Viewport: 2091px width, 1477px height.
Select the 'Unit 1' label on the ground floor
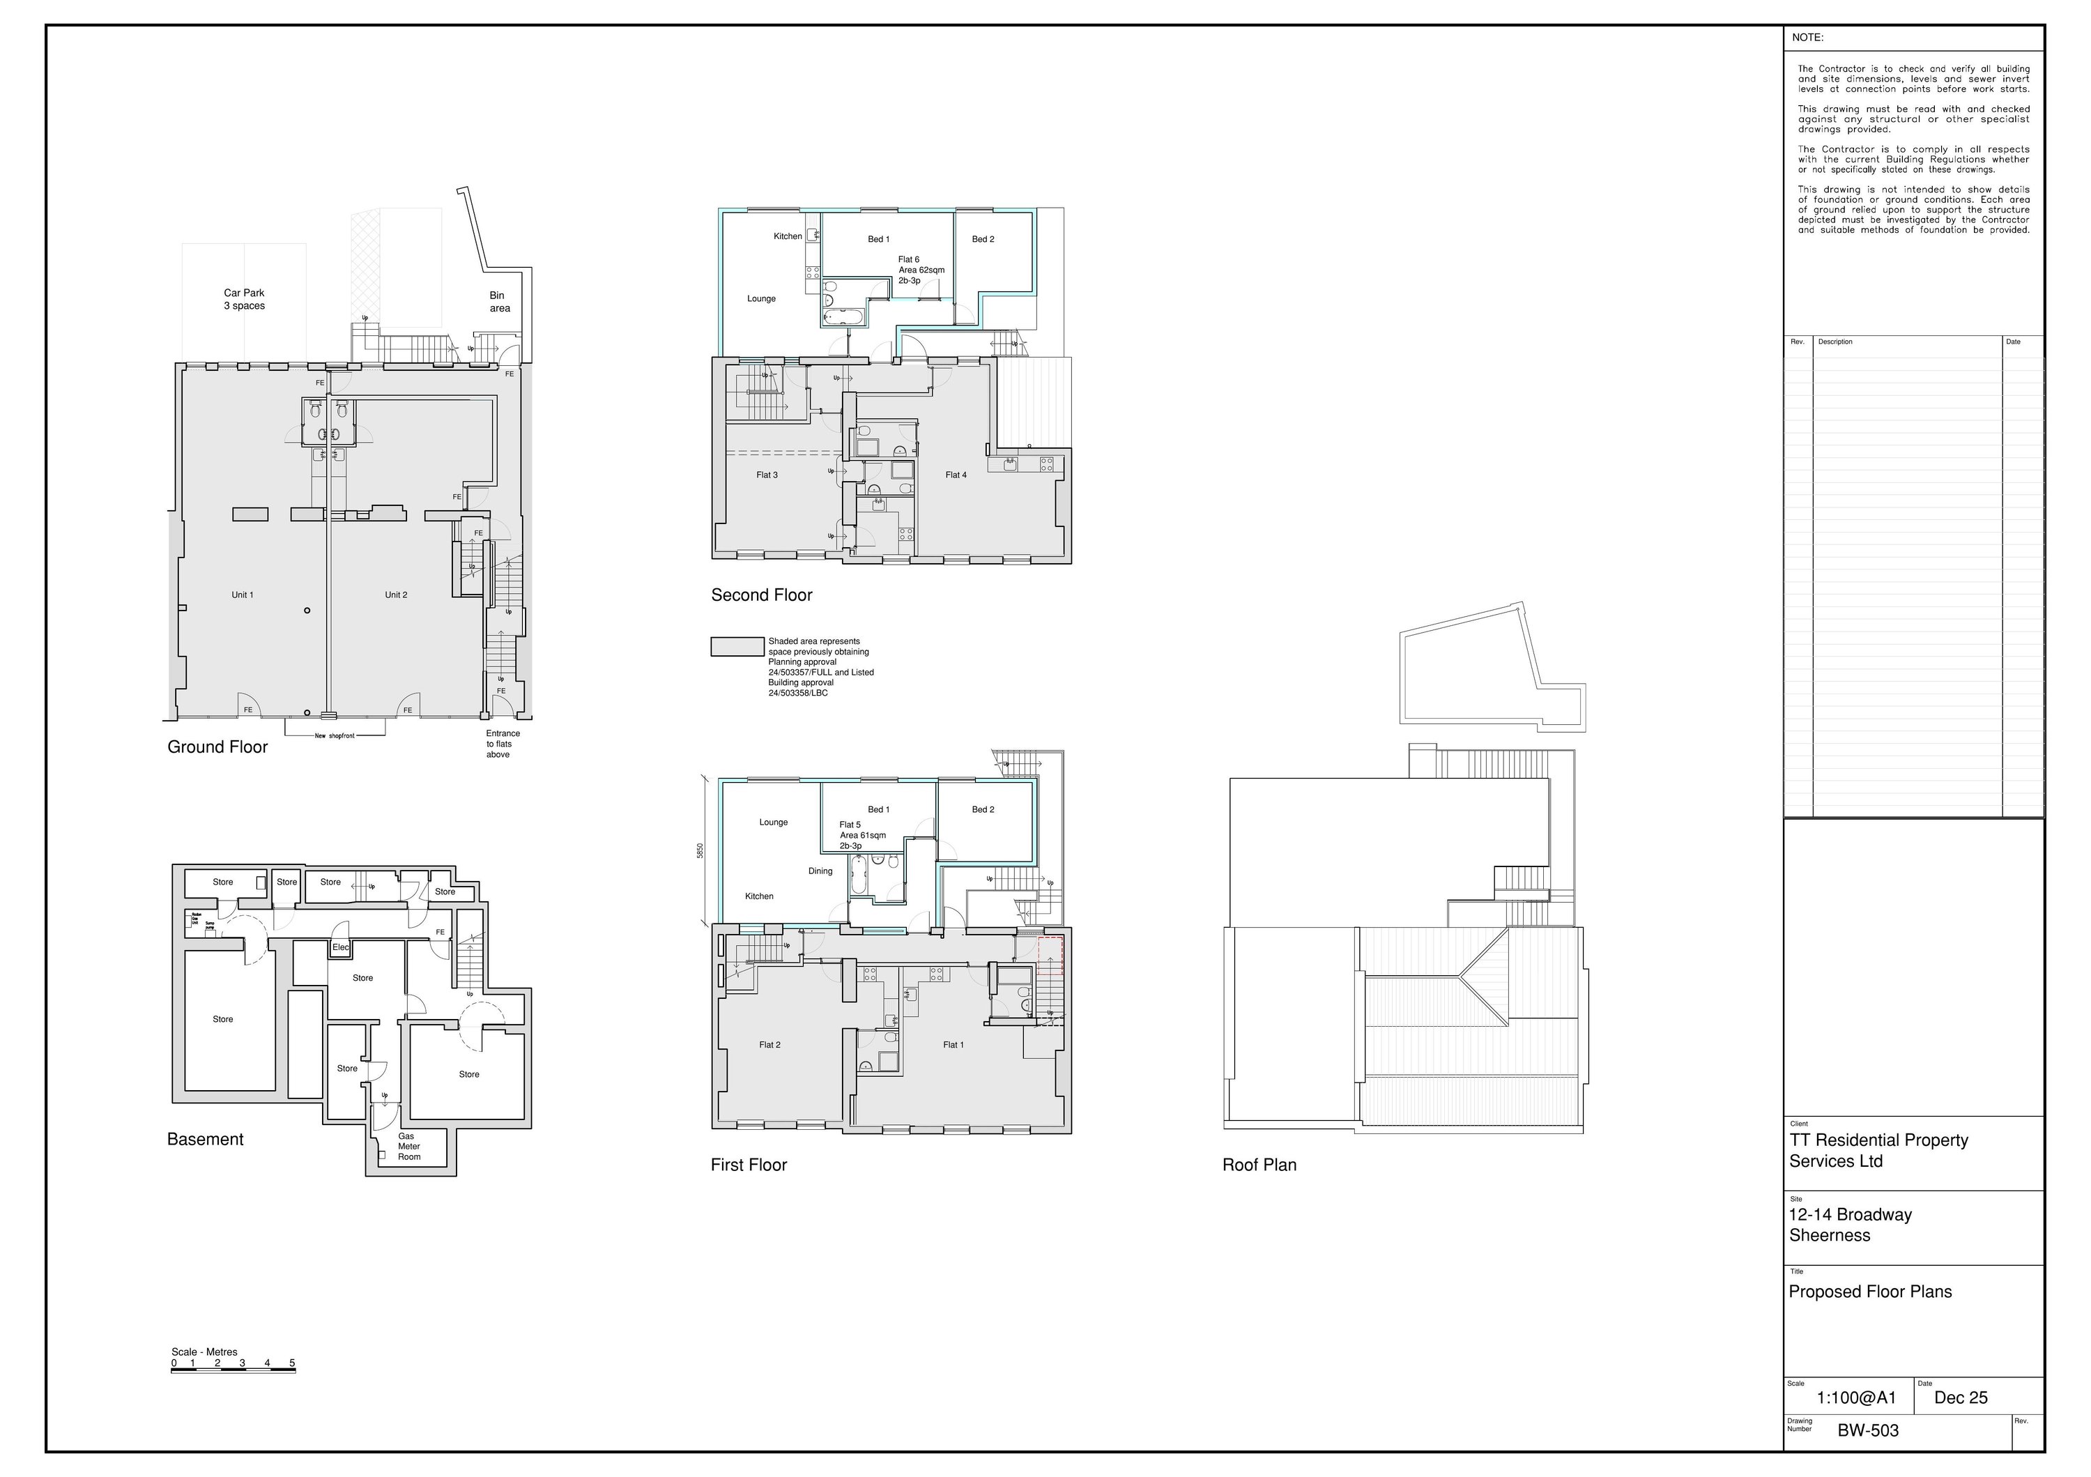[x=243, y=595]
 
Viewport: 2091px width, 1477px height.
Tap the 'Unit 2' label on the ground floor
[x=396, y=595]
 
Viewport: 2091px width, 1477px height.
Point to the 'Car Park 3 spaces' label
[x=244, y=300]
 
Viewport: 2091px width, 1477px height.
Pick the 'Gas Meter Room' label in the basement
[x=409, y=1147]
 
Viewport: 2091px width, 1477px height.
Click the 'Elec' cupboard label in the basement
[x=341, y=948]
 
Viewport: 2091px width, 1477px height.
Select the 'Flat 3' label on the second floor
[x=767, y=475]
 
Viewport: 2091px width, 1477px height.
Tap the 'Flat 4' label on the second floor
[x=956, y=475]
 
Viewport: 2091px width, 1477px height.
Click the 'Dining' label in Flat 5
[x=820, y=871]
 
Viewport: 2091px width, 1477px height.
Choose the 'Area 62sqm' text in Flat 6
[x=921, y=270]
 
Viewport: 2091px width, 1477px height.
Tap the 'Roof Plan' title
[x=1259, y=1165]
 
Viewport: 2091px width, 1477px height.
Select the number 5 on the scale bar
[x=292, y=1364]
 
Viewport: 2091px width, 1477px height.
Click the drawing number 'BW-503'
[x=1868, y=1430]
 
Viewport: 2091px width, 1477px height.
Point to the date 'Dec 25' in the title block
[x=1961, y=1398]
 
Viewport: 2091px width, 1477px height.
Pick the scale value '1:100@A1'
[x=1856, y=1398]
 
